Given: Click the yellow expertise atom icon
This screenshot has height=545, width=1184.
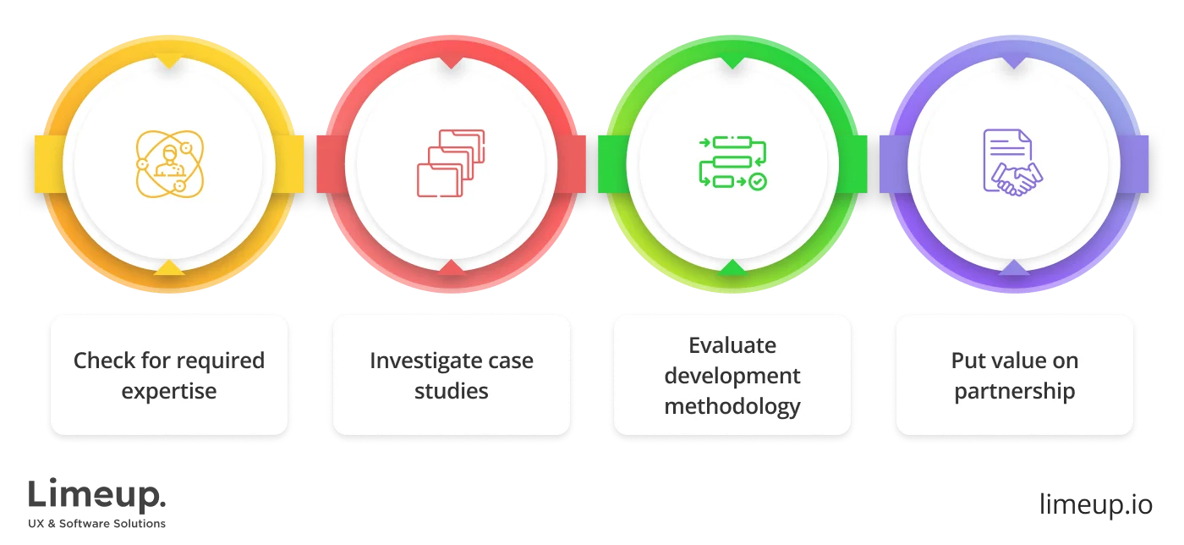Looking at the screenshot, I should click(x=170, y=163).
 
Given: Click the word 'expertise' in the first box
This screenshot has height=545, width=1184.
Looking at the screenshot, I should click(x=169, y=392).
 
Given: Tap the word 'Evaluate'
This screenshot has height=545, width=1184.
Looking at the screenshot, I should click(x=732, y=345).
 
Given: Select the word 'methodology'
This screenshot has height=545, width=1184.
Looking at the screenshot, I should click(x=732, y=405).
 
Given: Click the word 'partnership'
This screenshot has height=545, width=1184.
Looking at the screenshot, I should click(x=1015, y=392).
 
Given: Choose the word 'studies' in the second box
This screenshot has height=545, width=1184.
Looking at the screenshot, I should click(x=452, y=391).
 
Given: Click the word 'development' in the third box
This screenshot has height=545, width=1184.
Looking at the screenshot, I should click(x=732, y=375).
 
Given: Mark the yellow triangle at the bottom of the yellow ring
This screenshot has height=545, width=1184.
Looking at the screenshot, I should click(x=169, y=267).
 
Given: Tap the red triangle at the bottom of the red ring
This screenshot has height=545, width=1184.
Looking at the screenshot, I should click(x=451, y=267).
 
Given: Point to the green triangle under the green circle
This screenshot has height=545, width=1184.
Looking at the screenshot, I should click(x=732, y=267).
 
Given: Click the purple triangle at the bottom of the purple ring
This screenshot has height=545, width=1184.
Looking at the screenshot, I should click(x=1014, y=267).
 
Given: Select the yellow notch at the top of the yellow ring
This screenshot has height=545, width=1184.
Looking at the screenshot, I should click(x=170, y=62).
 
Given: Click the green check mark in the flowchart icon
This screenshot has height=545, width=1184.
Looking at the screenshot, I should click(x=758, y=181).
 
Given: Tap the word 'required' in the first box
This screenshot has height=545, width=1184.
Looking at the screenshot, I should click(x=222, y=361).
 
